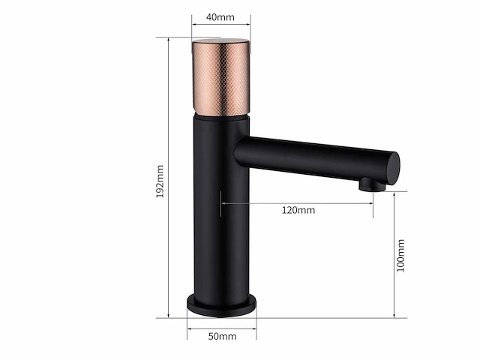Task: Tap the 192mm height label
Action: (159, 177)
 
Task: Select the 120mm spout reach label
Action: (298, 210)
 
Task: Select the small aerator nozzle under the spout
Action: (366, 184)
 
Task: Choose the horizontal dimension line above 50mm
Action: (221, 328)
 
